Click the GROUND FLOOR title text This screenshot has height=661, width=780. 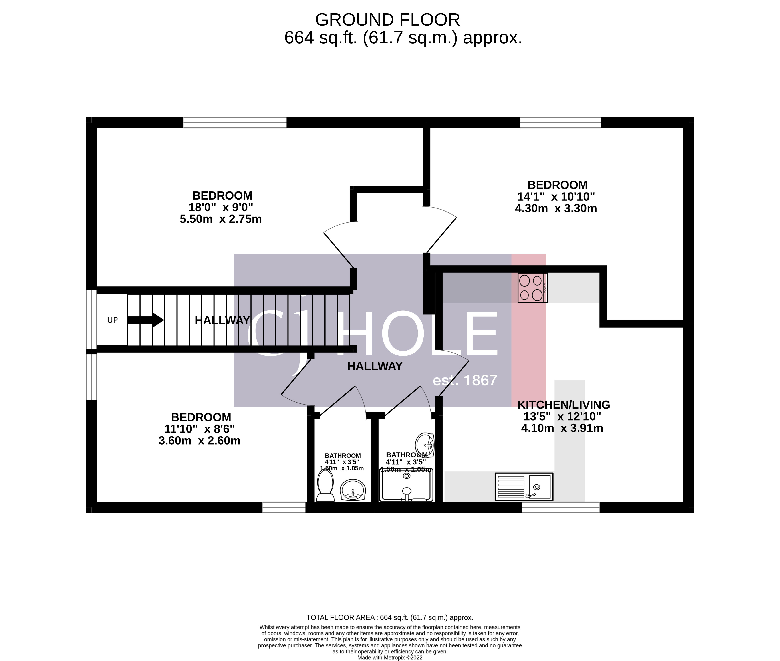387,20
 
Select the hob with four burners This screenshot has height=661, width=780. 532,288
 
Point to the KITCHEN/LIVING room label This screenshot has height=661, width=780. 563,405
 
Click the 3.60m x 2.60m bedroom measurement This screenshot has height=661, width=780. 199,441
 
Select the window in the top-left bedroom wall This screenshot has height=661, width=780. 235,123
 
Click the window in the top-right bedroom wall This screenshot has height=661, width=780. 560,123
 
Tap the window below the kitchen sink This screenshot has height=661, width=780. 560,507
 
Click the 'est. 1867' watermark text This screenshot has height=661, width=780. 465,380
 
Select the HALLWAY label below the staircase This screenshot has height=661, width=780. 375,366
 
